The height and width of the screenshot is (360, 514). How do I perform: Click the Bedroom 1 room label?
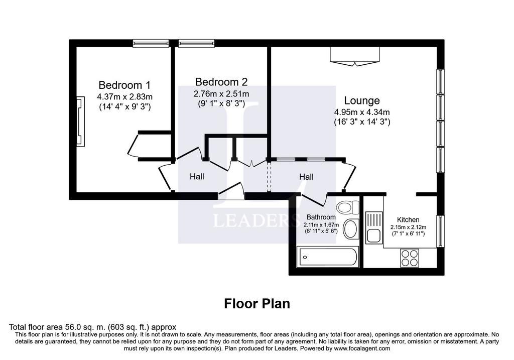coord(124,85)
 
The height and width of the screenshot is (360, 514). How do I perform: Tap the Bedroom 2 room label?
coord(221,82)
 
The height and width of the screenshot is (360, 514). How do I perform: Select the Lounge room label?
coord(362,100)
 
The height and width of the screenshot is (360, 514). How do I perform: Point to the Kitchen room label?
coord(408,220)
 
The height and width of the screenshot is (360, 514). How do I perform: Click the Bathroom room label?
coord(321,217)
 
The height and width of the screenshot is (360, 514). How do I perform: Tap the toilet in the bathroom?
coord(348,207)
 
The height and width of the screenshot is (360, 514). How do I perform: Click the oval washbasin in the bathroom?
coord(351,228)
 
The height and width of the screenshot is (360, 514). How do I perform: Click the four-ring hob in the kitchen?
coord(410,258)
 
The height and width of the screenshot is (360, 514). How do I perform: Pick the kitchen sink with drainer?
coord(374,227)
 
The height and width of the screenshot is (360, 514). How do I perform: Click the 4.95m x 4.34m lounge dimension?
coord(362,112)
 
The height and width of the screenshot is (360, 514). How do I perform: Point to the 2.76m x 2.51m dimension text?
coord(221,94)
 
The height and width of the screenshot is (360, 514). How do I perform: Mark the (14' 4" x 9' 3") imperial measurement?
coord(124,107)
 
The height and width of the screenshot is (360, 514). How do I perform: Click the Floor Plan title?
coord(257,304)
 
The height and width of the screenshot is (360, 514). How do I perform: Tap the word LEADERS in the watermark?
coord(256,220)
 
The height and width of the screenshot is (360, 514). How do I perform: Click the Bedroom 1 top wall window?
coord(151,43)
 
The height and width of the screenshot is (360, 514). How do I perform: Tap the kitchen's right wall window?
coord(441,231)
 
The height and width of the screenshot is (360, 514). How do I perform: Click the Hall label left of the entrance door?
coord(197,177)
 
